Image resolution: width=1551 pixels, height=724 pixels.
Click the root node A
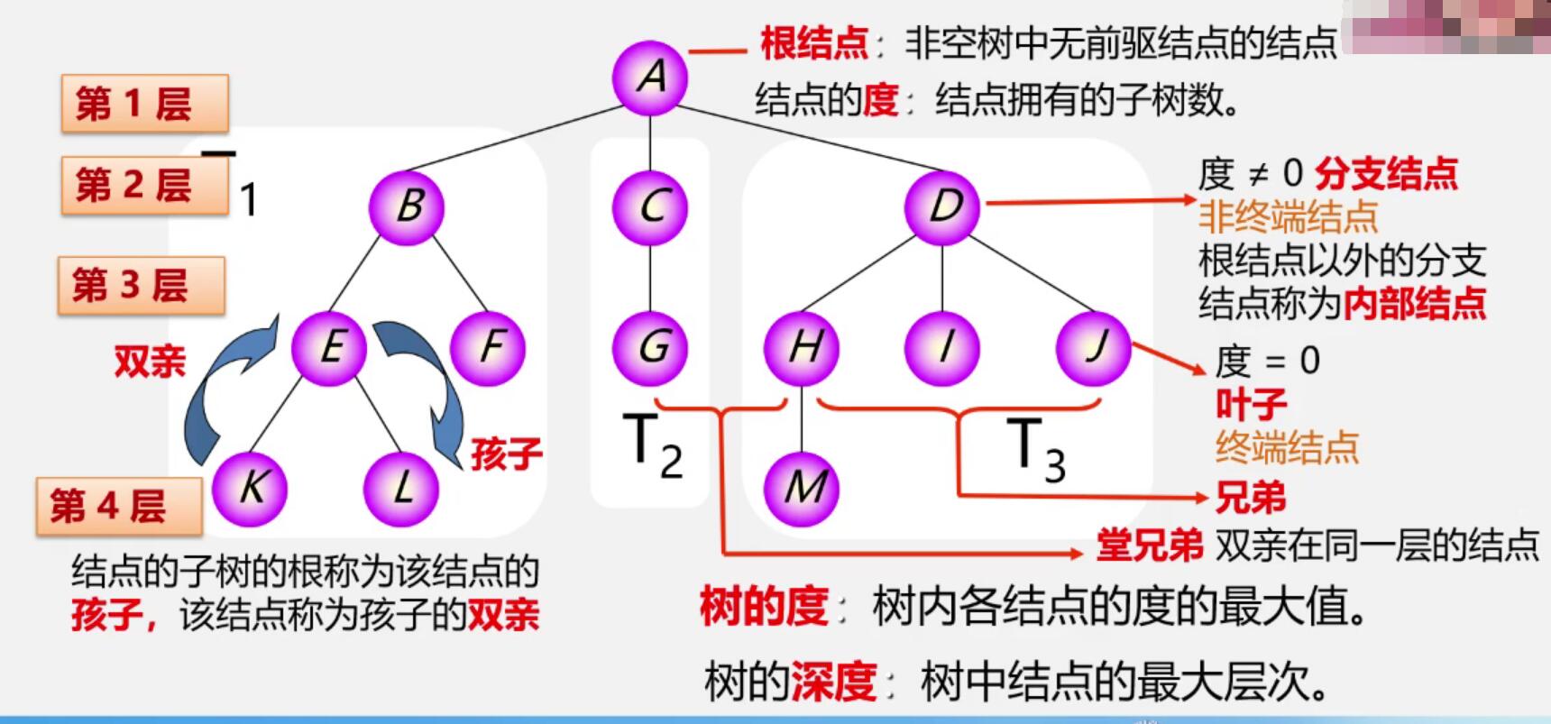coord(650,78)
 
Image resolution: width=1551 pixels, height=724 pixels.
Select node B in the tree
coord(407,206)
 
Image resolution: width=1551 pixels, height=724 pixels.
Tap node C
coord(650,206)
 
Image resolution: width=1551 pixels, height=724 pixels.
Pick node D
coord(943,206)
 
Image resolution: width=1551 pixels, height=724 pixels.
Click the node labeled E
coord(330,347)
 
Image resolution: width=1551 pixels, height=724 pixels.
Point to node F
coord(488,347)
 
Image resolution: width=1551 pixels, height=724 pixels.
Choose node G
coord(650,347)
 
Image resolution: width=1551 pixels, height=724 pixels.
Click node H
coord(803,347)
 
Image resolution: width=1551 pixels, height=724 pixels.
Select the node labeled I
coord(943,347)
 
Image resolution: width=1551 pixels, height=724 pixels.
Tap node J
coord(1094,347)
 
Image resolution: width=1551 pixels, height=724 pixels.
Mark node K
coord(250,488)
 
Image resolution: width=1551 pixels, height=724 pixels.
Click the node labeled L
coord(401,488)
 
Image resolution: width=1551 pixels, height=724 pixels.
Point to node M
coord(803,488)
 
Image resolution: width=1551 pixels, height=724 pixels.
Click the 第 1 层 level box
coord(144,104)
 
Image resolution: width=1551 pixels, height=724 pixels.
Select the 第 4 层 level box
coord(119,506)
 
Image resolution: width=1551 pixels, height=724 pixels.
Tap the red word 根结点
coord(813,43)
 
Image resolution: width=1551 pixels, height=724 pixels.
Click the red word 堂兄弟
coord(1149,545)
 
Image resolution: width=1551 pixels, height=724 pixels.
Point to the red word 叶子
coord(1251,405)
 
